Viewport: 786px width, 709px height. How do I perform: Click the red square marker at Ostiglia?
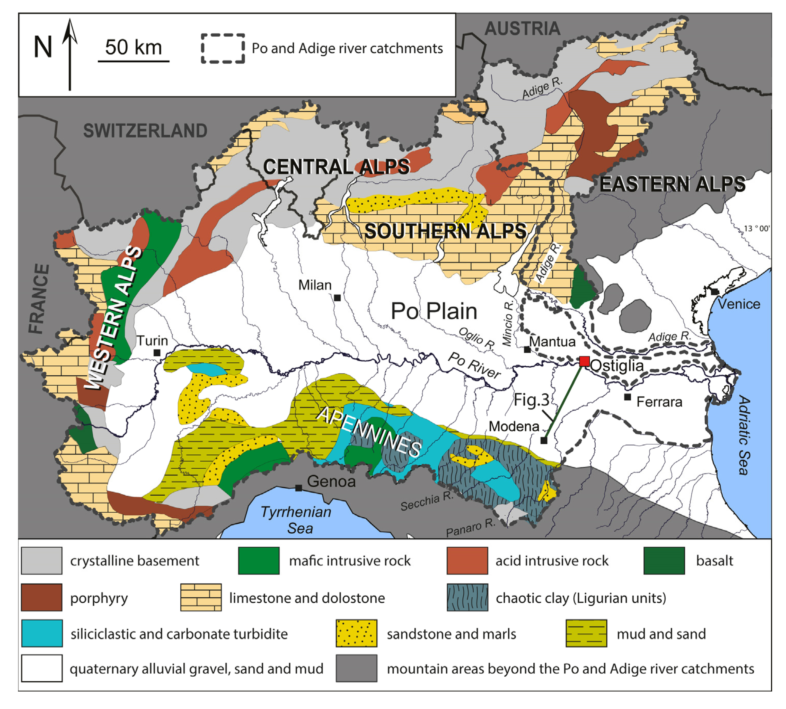[x=584, y=361]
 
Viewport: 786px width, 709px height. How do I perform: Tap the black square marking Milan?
[x=338, y=298]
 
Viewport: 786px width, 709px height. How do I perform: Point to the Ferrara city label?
[x=659, y=402]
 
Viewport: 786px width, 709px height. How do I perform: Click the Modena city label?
[x=514, y=426]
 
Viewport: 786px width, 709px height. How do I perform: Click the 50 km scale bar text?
[x=133, y=48]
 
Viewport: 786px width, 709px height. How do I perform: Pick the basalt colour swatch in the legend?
[x=664, y=561]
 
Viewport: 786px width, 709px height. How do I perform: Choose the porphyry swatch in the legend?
[x=42, y=597]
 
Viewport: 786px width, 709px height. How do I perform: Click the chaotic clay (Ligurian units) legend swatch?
[x=467, y=597]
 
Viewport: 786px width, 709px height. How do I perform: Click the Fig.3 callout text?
[x=531, y=400]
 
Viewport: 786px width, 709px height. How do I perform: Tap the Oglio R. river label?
[x=476, y=338]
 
